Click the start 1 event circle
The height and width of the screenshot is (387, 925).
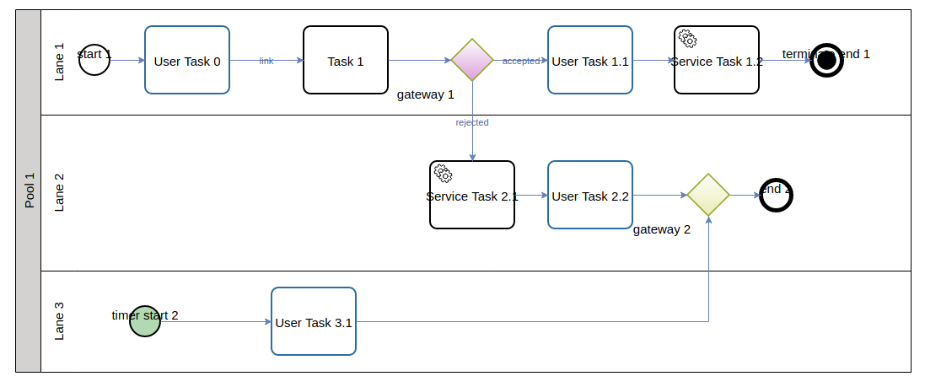pos(94,60)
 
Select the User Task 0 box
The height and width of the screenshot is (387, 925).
pos(187,60)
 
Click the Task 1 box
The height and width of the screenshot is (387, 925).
pos(346,60)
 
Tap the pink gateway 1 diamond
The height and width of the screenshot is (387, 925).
pos(472,60)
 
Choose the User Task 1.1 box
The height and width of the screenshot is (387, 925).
pos(590,60)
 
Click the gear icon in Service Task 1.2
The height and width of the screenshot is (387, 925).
pos(687,38)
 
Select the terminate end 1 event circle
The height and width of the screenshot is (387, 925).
pos(826,60)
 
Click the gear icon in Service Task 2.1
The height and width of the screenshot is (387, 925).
pos(443,173)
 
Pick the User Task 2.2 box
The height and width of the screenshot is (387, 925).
pos(590,195)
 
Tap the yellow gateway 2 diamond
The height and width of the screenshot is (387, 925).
pos(708,195)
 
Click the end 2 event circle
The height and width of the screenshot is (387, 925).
pos(776,195)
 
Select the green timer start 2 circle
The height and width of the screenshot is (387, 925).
pos(145,321)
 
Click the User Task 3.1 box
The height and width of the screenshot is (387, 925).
pos(314,321)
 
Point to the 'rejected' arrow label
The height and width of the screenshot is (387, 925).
pos(472,122)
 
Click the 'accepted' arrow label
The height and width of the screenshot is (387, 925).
pos(520,61)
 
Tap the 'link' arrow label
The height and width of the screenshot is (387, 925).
pos(266,61)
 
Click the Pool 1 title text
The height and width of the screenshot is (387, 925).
pos(29,191)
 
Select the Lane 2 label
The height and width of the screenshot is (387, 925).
pos(59,192)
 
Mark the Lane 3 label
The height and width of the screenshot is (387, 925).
pos(59,321)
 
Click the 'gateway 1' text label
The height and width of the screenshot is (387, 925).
pos(426,94)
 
